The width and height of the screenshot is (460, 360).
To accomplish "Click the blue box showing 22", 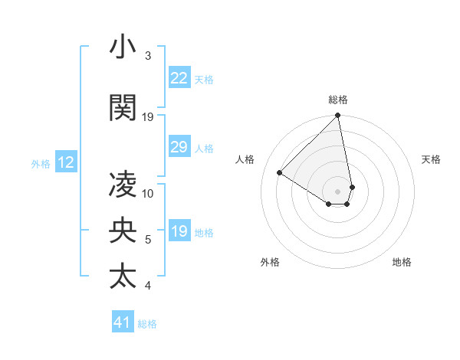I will pyautogui.click(x=179, y=78).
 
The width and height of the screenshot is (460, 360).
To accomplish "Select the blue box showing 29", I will pyautogui.click(x=179, y=147).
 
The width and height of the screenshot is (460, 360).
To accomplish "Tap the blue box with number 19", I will pyautogui.click(x=179, y=231).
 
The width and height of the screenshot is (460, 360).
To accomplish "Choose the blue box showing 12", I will pyautogui.click(x=66, y=162).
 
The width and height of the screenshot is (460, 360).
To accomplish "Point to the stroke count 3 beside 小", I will pyautogui.click(x=148, y=56).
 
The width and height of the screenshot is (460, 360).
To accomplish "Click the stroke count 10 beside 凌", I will pyautogui.click(x=148, y=194).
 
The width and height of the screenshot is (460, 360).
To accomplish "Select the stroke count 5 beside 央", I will pyautogui.click(x=148, y=240).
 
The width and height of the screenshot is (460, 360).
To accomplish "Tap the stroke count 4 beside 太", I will pyautogui.click(x=148, y=286).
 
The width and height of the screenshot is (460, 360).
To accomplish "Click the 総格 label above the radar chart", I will pyautogui.click(x=338, y=100).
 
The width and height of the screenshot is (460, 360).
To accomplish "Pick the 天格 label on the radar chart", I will pyautogui.click(x=432, y=159).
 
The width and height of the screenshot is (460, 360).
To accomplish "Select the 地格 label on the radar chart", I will pyautogui.click(x=402, y=262).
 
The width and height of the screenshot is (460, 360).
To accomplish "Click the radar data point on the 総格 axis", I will pyautogui.click(x=338, y=116).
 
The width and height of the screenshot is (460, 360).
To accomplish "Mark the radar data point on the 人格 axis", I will pyautogui.click(x=280, y=173).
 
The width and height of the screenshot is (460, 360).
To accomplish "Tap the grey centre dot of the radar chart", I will pyautogui.click(x=338, y=191).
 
